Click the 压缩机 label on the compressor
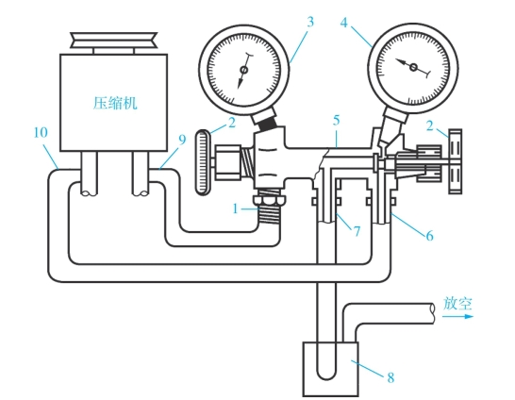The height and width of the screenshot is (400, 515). click(115, 103)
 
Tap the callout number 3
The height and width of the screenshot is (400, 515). click(310, 22)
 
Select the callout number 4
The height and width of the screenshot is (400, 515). click(343, 23)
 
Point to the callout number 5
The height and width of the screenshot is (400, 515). click(336, 121)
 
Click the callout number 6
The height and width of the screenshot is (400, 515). click(429, 236)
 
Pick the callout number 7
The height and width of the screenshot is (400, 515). click(357, 231)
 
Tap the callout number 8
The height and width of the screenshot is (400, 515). click(390, 377)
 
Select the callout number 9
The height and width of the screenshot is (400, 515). click(182, 140)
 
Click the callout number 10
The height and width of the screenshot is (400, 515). click(41, 132)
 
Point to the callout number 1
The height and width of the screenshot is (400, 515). click(235, 208)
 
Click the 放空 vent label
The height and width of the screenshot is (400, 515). click(457, 303)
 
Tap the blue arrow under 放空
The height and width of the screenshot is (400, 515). click(457, 317)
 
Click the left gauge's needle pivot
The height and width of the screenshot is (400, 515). click(244, 70)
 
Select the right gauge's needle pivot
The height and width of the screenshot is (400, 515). click(413, 67)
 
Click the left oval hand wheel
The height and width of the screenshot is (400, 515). click(204, 162)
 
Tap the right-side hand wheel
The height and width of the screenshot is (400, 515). click(456, 161)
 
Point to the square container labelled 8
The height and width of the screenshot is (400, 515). click(330, 369)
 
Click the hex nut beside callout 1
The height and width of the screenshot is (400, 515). click(269, 201)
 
